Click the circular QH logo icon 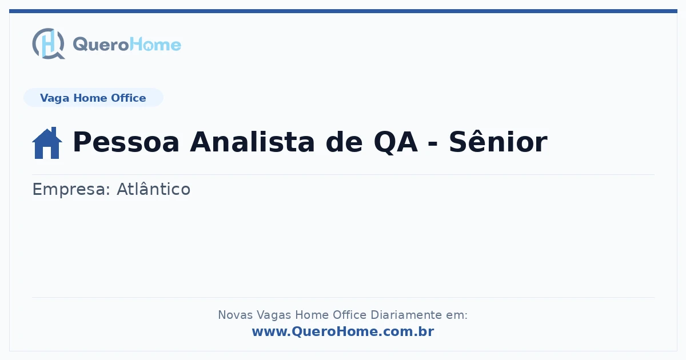49,43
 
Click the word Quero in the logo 101,45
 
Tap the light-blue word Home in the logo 155,45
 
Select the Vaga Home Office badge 93,98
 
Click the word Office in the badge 128,98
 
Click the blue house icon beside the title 47,143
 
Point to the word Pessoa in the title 126,142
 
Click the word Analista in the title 252,142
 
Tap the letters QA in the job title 396,142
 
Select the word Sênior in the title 498,141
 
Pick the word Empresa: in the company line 71,190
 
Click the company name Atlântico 153,189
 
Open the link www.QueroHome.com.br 343,331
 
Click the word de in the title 344,142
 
